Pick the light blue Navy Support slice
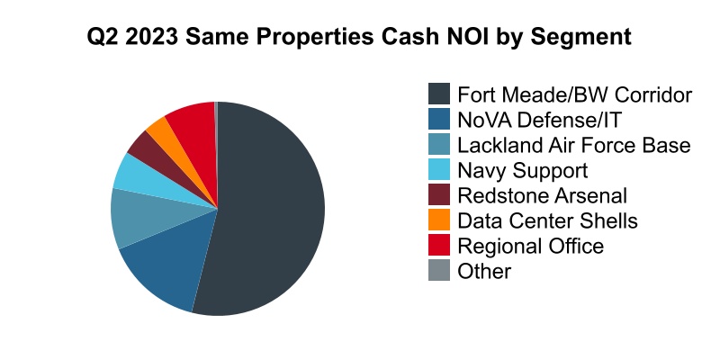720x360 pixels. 133,174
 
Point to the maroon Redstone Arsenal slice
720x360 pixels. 144,146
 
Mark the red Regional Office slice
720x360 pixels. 192,121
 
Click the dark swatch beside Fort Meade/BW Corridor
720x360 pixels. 438,94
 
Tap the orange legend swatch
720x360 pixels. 438,220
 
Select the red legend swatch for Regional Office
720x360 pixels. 438,246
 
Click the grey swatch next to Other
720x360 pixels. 438,271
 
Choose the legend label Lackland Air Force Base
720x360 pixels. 573,145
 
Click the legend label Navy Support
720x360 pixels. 522,170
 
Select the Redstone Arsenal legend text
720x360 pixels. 542,195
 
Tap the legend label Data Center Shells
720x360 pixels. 547,220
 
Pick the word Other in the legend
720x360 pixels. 484,271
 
